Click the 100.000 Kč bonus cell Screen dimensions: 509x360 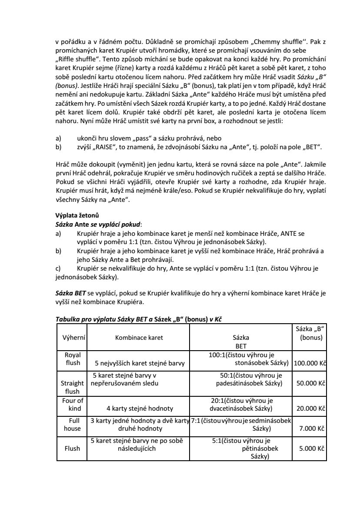tap(310, 363)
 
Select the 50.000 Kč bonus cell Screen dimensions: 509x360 tap(311, 383)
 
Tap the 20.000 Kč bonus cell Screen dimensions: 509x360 tap(311, 408)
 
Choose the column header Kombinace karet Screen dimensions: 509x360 tap(139, 337)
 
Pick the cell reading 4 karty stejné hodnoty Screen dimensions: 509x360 tap(140, 408)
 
